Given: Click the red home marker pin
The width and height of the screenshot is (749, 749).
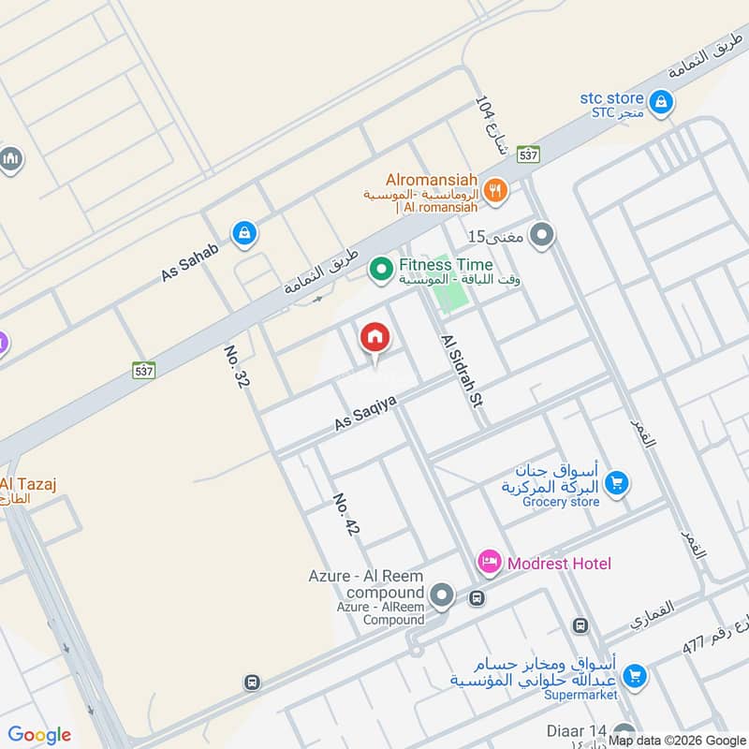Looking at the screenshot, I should click(374, 338).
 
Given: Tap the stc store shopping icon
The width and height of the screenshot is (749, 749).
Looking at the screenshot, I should click(661, 102).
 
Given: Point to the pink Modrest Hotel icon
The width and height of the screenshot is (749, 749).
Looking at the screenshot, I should click(489, 563).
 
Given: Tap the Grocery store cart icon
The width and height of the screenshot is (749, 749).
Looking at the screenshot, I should click(616, 483).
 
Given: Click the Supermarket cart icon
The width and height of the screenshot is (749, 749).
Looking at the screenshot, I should click(635, 674).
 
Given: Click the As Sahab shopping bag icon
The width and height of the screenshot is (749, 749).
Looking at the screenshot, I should click(244, 233).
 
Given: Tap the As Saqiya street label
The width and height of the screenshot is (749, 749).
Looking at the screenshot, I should click(366, 413).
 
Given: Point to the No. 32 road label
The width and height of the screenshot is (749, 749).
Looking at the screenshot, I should click(236, 366).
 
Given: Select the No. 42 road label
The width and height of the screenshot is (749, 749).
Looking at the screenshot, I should click(346, 514).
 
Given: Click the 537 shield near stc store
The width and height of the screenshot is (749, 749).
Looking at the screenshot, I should click(528, 155).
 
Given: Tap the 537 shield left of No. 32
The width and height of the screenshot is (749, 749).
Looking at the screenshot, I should click(143, 370).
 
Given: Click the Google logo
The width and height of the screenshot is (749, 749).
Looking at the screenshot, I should click(39, 735).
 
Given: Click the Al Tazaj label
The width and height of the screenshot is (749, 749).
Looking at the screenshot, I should click(28, 484).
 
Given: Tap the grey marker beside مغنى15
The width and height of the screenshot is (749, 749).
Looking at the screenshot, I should click(541, 236).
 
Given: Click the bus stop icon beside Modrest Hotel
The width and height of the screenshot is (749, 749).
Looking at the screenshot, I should click(477, 597).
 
